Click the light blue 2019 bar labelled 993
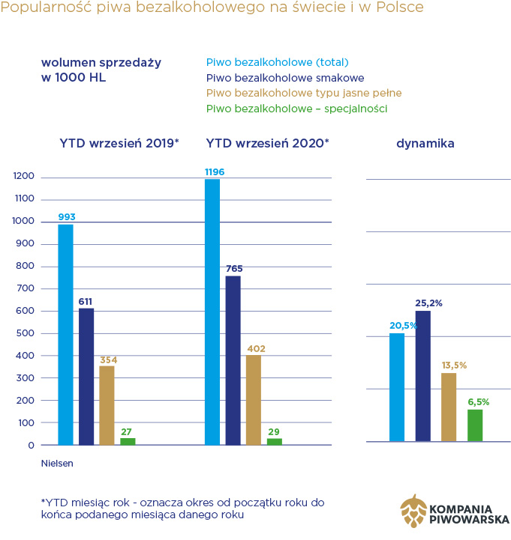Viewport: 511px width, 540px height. pos(66,335)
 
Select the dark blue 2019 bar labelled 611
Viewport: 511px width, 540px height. pos(86,377)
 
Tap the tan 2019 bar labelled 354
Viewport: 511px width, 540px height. pos(107,405)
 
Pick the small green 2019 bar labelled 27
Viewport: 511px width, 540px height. pos(128,441)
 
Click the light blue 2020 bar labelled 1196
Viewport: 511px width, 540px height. pos(212,312)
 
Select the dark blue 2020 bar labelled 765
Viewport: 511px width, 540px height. pos(233,360)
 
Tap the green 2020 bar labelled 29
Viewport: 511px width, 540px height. pos(275,441)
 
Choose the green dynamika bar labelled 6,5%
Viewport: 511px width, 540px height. pos(475,425)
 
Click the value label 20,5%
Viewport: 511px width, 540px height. pos(401,327)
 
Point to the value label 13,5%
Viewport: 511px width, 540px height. pos(453,365)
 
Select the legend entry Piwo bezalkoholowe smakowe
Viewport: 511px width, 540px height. pos(285,77)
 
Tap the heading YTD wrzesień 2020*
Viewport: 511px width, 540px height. pos(267,142)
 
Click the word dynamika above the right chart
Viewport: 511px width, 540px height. pos(425,142)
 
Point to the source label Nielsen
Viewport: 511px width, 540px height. pos(57,464)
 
